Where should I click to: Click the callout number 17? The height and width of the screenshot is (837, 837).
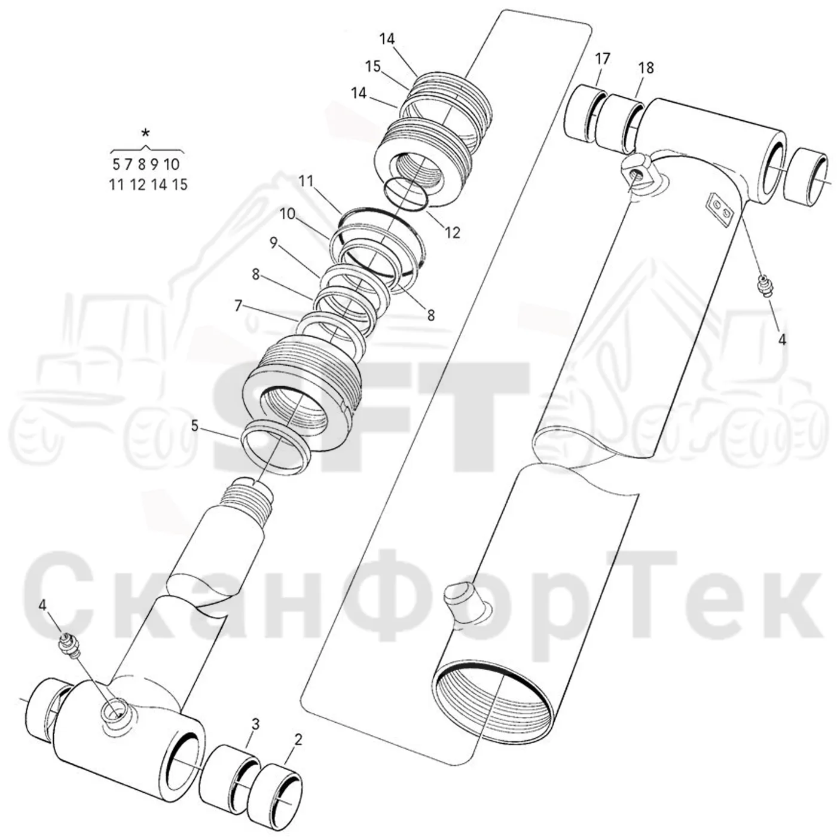(x=603, y=59)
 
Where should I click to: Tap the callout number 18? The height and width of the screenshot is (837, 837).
(x=646, y=68)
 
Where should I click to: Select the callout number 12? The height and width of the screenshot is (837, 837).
(x=452, y=233)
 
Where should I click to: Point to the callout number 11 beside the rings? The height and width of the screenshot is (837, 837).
(x=306, y=181)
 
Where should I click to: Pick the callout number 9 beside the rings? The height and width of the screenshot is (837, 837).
(x=273, y=243)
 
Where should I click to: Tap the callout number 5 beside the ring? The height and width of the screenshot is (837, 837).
(x=194, y=426)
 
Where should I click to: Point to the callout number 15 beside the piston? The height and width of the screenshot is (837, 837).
(x=372, y=66)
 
